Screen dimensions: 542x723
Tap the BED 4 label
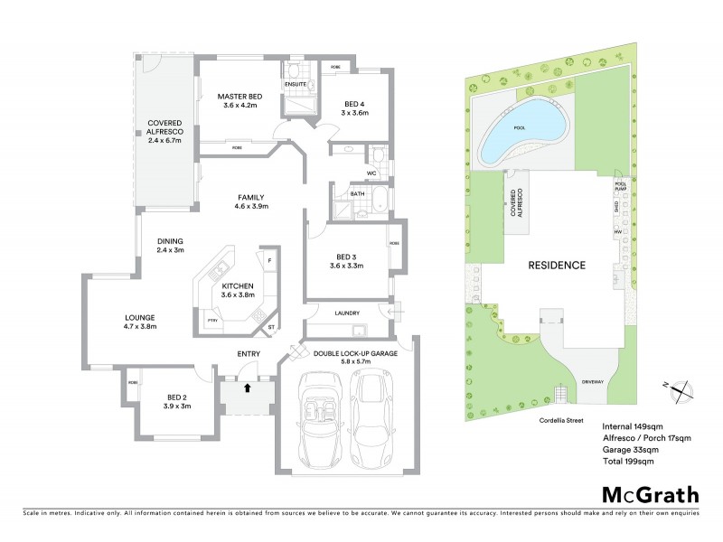click(x=354, y=107)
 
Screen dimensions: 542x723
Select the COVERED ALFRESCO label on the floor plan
click(x=165, y=131)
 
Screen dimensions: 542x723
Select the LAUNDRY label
click(x=347, y=313)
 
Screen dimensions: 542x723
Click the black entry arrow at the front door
click(x=247, y=388)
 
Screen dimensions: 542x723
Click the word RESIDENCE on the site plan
click(x=558, y=266)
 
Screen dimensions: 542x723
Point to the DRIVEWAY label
click(x=593, y=381)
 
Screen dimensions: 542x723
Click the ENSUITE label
click(x=296, y=84)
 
